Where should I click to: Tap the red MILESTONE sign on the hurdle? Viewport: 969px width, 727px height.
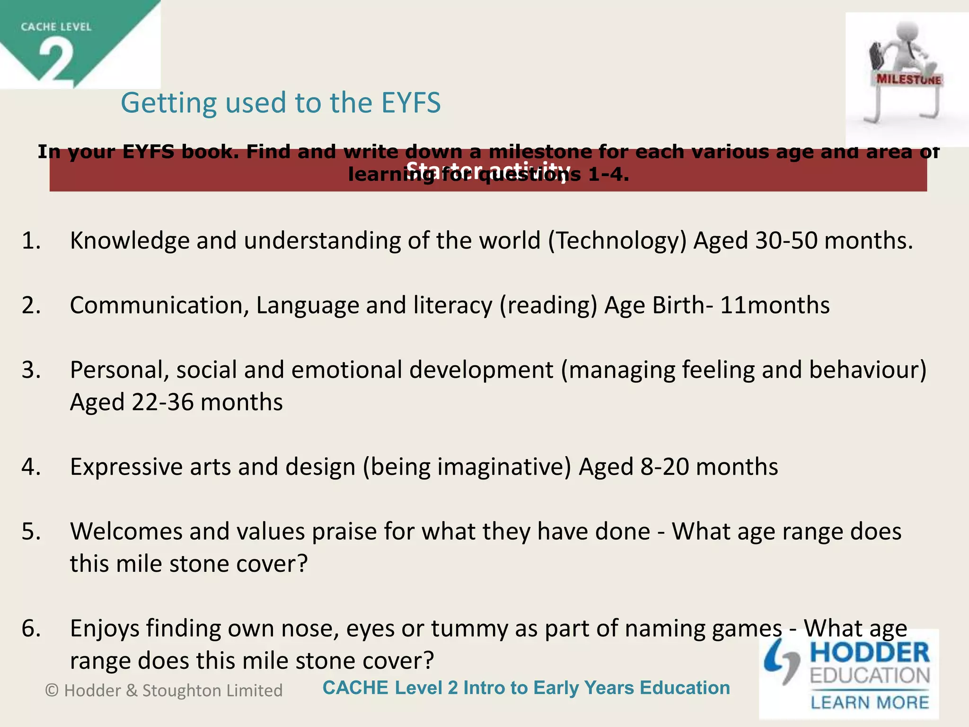(x=908, y=79)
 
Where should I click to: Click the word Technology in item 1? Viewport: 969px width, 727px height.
(x=617, y=240)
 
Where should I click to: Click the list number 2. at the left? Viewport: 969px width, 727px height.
(x=31, y=305)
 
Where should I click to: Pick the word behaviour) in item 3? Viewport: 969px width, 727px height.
(x=867, y=370)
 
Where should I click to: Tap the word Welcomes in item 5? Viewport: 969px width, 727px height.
(x=126, y=532)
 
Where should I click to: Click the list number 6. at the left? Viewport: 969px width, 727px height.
(x=31, y=629)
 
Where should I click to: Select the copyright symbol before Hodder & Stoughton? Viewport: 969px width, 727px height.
(x=52, y=691)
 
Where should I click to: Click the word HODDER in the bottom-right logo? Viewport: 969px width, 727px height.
(x=870, y=653)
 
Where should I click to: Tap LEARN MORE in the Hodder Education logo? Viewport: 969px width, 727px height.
(x=870, y=702)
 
